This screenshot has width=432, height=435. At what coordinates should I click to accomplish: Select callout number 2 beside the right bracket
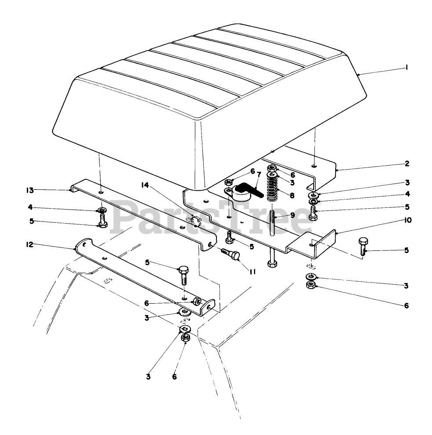pos(407,163)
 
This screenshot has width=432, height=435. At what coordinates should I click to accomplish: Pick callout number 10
pos(407,220)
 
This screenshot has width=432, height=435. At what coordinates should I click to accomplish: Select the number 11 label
pos(252,272)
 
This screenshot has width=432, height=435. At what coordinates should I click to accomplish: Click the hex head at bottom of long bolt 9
pos(272,264)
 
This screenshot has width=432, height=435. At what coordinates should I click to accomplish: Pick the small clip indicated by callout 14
pos(195,219)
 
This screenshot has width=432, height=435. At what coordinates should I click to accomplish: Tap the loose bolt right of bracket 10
pos(363,246)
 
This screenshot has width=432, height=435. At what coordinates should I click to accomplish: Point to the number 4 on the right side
pos(407,193)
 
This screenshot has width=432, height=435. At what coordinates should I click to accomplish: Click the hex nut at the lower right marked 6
pos(310,286)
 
